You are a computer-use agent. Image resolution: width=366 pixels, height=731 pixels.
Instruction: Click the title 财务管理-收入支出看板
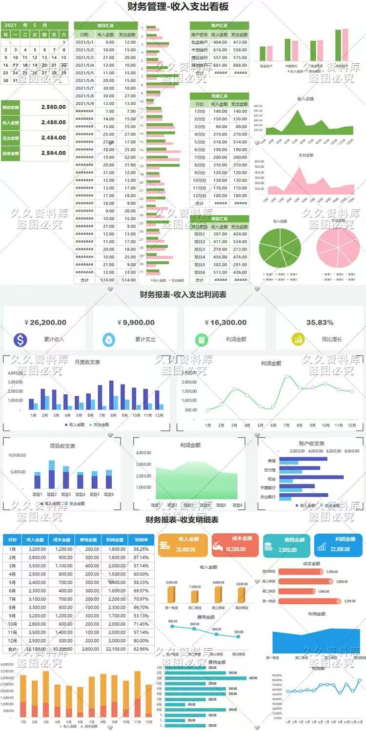178,7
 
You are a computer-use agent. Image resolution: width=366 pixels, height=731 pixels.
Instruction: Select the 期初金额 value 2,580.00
53,107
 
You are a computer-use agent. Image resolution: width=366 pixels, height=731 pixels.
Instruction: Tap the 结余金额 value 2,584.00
53,153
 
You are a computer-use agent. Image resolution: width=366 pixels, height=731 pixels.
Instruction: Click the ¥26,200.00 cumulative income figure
45,323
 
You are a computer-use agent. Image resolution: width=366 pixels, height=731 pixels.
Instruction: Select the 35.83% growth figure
320,323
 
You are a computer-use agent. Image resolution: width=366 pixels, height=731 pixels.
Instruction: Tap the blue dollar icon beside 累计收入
20,339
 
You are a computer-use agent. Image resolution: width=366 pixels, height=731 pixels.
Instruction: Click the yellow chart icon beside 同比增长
298,339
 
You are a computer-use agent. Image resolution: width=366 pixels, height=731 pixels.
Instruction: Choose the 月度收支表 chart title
87,362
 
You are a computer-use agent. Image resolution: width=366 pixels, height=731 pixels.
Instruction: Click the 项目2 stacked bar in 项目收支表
52,475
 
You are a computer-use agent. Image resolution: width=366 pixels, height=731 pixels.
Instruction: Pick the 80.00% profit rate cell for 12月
141,640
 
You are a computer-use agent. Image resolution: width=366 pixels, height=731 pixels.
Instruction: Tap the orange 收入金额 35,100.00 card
183,544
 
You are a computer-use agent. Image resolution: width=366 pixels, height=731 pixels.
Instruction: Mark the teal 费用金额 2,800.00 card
287,544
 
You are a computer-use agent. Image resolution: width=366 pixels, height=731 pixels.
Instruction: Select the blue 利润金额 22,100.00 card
338,544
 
